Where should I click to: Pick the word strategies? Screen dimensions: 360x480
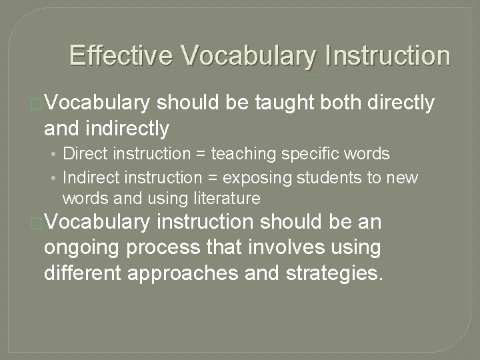tap(337, 272)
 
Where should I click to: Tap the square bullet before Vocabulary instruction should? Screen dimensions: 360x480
tap(37, 223)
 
